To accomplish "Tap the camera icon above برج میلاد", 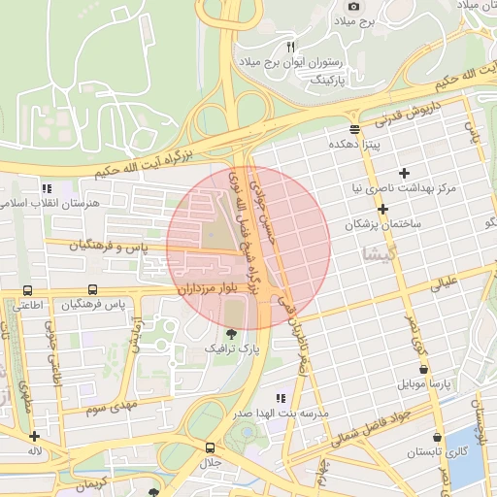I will (x=353, y=6).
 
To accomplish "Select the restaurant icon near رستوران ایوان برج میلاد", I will (x=289, y=46).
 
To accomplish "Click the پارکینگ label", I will (x=319, y=79).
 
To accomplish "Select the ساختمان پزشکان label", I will (x=381, y=224).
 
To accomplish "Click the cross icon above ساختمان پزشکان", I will (x=383, y=210).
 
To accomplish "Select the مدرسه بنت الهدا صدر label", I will (x=282, y=413).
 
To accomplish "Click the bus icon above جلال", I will (x=211, y=448).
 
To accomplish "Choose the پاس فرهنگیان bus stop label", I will (x=93, y=305).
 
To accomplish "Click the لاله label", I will (x=35, y=451).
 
